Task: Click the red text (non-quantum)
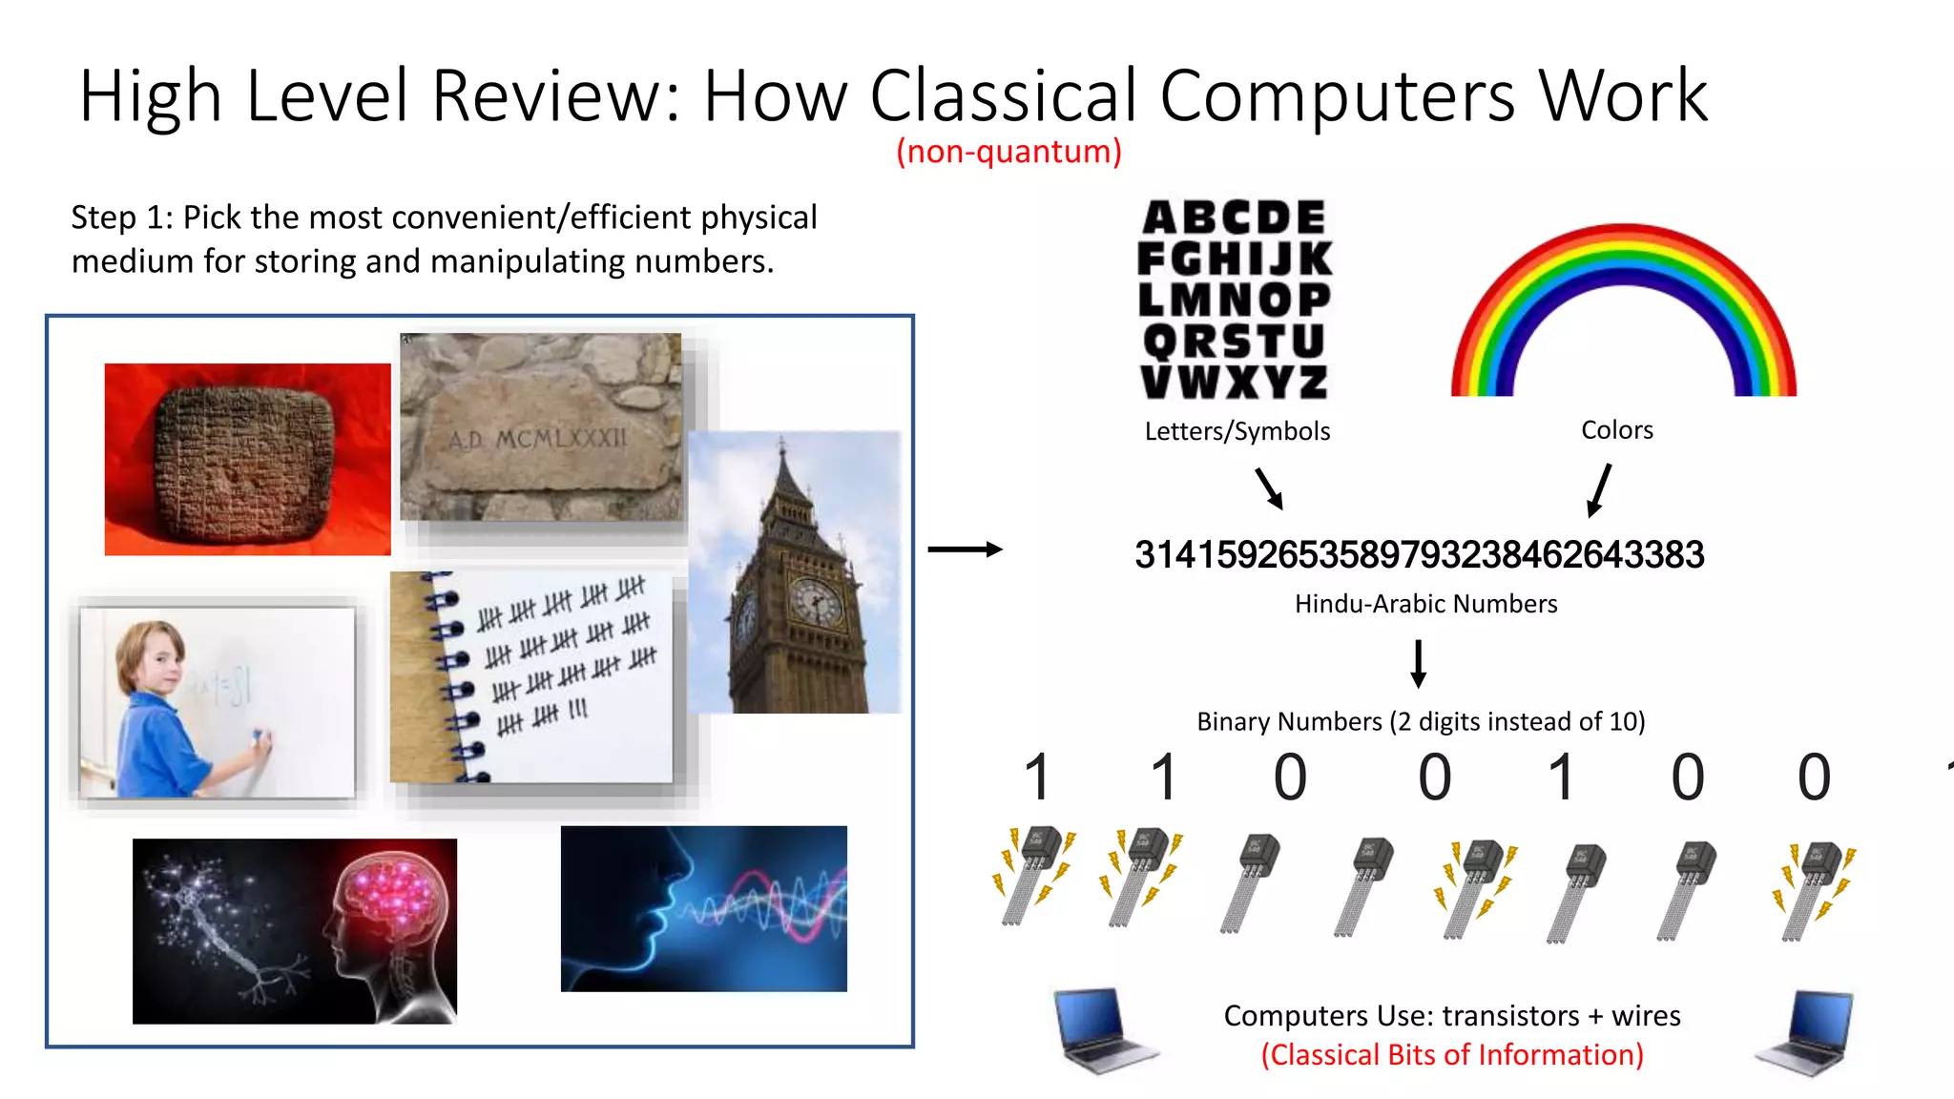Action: point(1008,152)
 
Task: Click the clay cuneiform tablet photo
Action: point(246,460)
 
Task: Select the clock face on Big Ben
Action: point(816,602)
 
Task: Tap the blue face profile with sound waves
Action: point(703,908)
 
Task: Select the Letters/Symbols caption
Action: point(1237,432)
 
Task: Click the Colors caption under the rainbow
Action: point(1616,430)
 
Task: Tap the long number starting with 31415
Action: point(1419,555)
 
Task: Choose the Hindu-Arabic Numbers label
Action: point(1425,604)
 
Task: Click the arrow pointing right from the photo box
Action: point(965,549)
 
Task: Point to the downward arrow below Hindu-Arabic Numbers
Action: point(1419,663)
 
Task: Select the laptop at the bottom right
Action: point(1806,1033)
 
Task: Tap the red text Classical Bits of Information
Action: point(1452,1055)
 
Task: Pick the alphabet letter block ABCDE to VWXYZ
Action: point(1235,300)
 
